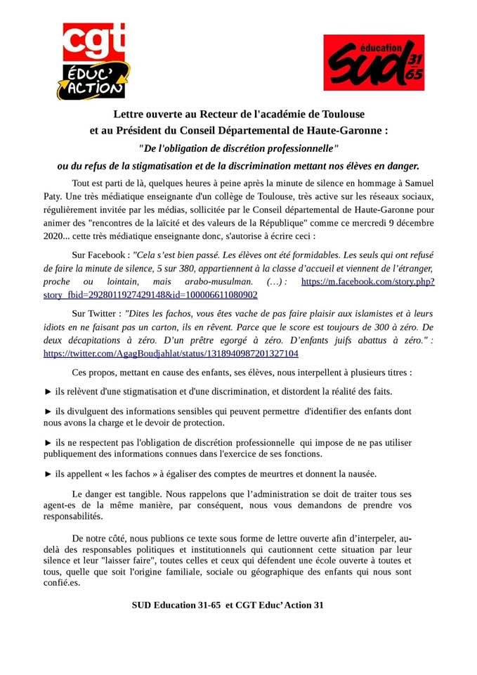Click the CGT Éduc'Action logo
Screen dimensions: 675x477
(93, 60)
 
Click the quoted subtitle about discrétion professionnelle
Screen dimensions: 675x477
(238, 148)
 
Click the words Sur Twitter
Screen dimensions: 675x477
(93, 313)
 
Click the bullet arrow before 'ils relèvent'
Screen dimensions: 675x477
(48, 391)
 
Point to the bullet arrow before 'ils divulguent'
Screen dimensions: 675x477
(48, 411)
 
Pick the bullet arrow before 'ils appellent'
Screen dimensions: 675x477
(48, 473)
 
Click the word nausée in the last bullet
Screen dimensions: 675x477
(359, 473)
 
